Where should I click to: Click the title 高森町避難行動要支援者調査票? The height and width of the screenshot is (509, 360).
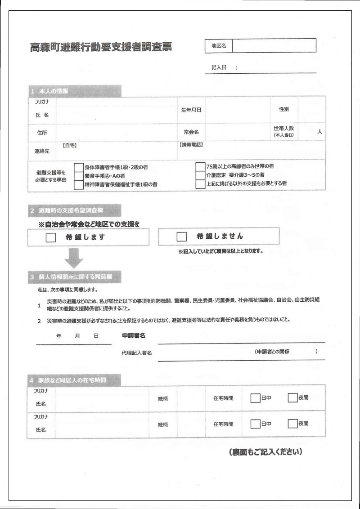pos(101,47)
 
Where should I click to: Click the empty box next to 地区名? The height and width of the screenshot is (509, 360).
pos(274,45)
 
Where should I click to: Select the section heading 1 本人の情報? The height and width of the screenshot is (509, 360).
pos(49,91)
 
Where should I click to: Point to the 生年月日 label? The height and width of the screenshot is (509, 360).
pos(191,109)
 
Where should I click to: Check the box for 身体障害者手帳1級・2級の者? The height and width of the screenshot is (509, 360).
pos(79,167)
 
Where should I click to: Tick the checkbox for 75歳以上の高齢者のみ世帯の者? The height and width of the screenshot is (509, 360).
pos(200,166)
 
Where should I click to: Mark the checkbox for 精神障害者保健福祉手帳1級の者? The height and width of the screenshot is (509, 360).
pos(79,184)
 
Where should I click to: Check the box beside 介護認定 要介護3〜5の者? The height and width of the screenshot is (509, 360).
pos(200,175)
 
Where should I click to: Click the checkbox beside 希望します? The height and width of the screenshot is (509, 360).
pos(51,237)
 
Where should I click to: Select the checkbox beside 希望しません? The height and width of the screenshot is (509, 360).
pos(182,237)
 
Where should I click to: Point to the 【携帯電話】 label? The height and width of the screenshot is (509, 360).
pos(191,145)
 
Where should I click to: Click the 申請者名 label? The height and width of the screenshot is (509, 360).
pos(134,336)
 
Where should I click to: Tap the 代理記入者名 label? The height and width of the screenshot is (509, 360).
pos(136,353)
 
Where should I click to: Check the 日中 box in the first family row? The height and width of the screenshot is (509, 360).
pos(255,398)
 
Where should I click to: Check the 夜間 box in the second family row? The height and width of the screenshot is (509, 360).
pos(292,424)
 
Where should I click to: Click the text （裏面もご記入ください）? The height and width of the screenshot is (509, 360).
pos(265,451)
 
